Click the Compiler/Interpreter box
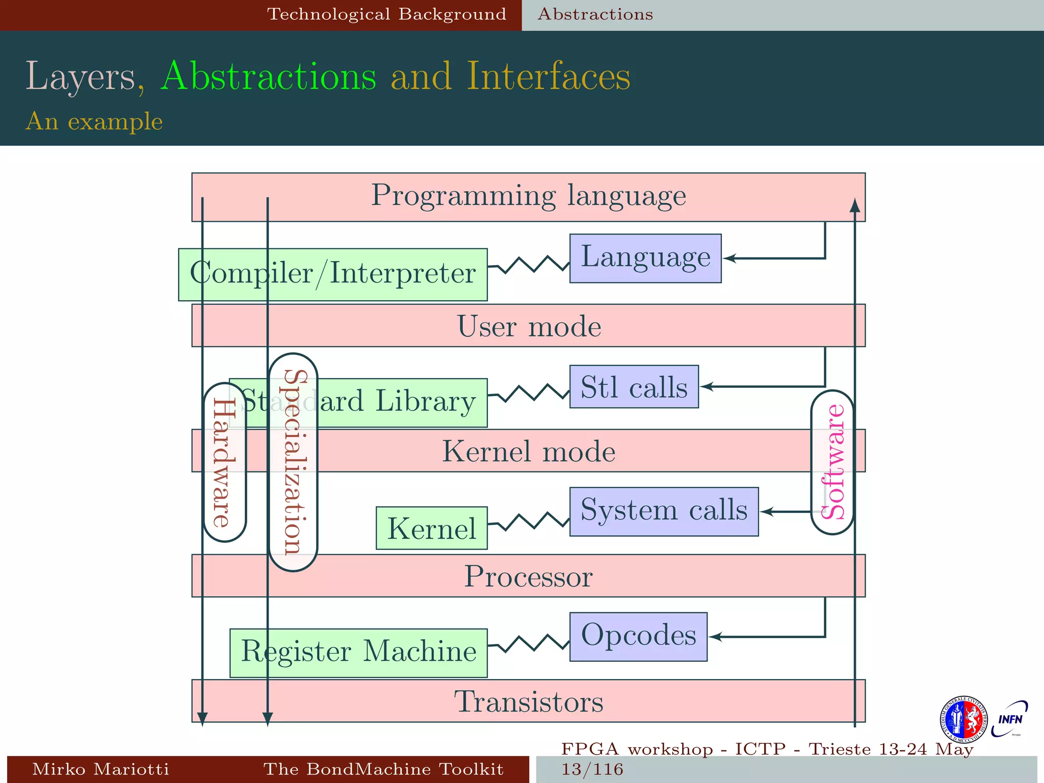[333, 274]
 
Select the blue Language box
[645, 258]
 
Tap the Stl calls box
[634, 386]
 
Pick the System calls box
[664, 511]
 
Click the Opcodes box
[638, 637]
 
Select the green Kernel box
[431, 528]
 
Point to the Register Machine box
[358, 652]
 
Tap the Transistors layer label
[529, 701]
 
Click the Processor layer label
[529, 577]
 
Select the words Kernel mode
[529, 451]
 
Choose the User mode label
[529, 326]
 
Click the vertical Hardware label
[224, 462]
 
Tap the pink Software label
[832, 462]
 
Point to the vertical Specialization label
[293, 462]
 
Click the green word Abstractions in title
[268, 76]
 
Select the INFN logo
[1009, 719]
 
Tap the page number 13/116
[592, 769]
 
